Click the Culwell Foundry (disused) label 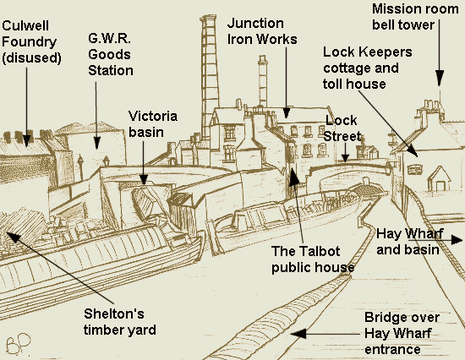[x=31, y=41]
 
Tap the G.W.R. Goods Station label [x=110, y=55]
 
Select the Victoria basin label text [x=153, y=124]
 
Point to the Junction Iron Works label [x=262, y=31]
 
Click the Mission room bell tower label [x=415, y=17]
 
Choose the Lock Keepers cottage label [x=368, y=68]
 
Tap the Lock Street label [x=342, y=128]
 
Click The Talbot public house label [x=313, y=259]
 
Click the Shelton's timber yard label [x=120, y=322]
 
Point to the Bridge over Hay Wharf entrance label [x=402, y=333]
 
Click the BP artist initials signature [x=19, y=344]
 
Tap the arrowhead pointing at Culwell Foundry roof [x=27, y=140]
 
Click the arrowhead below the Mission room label [x=439, y=78]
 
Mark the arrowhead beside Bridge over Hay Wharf [x=298, y=334]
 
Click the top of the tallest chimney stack [x=208, y=18]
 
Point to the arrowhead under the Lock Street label [x=345, y=158]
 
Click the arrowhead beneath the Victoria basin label [x=144, y=179]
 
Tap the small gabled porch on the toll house [x=439, y=178]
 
